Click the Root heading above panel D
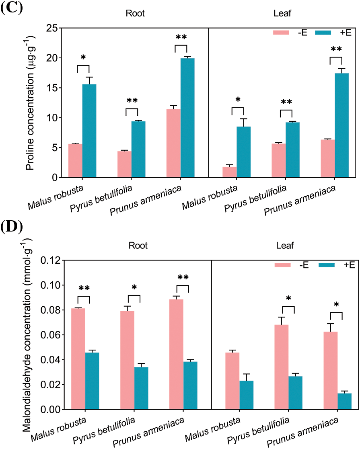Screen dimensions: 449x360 pyautogui.click(x=138, y=245)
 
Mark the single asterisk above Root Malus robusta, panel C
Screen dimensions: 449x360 pyautogui.click(x=83, y=57)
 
